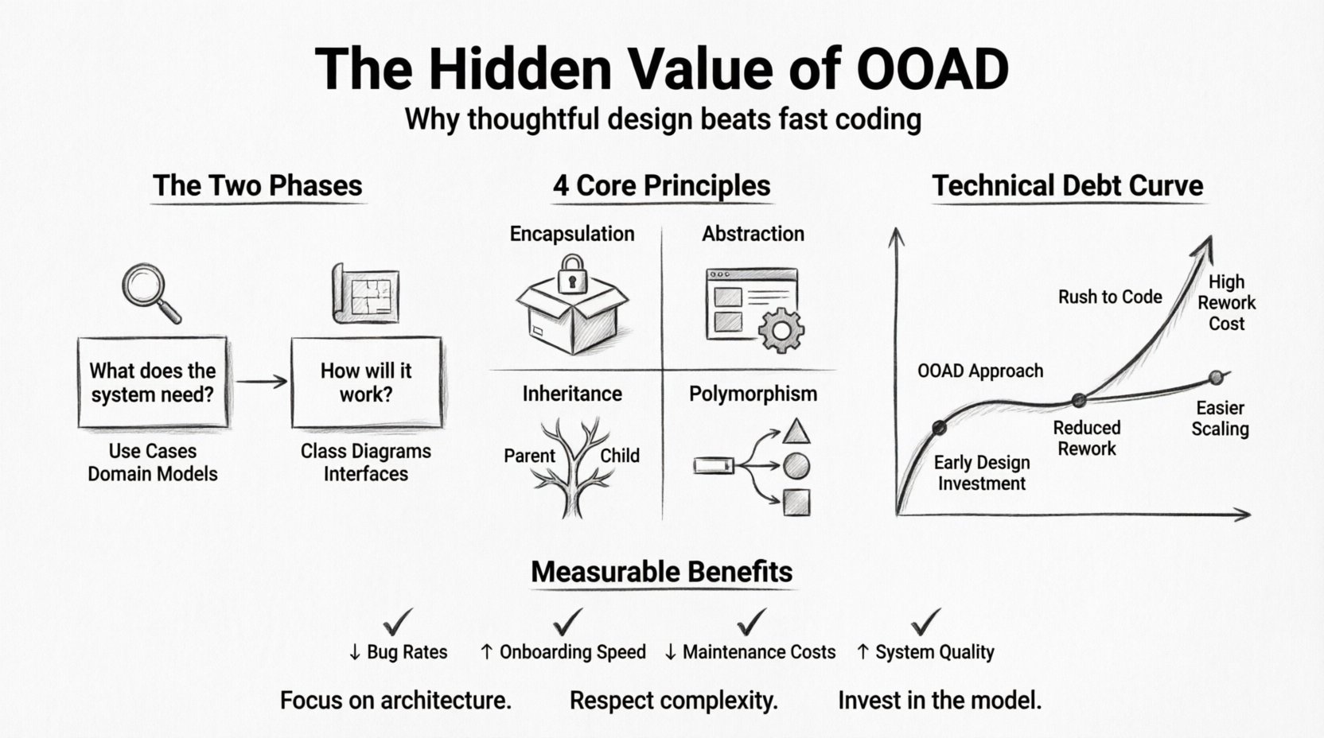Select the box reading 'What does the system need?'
[152, 383]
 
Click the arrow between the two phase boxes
[261, 382]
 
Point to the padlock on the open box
[571, 274]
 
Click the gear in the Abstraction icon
[780, 330]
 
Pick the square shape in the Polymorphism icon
[796, 503]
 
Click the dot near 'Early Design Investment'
[939, 428]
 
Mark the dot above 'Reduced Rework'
[1078, 400]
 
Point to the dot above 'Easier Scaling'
[1216, 377]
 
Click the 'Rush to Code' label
[1109, 297]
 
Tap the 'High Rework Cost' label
[1226, 303]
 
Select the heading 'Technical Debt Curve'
[1067, 186]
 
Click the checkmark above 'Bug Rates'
[398, 620]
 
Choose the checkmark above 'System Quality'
[926, 620]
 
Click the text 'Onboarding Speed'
[572, 653]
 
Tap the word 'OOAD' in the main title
[933, 69]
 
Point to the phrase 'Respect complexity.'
[673, 701]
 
